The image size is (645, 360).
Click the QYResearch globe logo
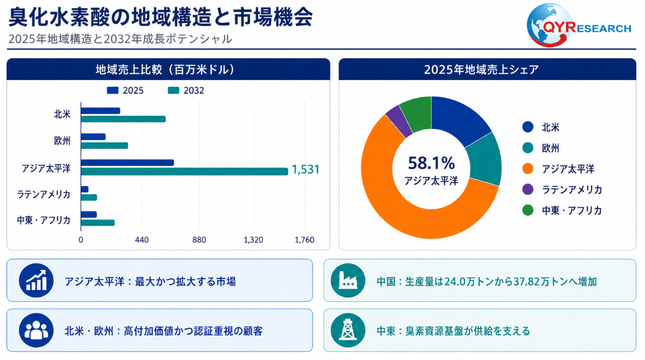[x=549, y=25]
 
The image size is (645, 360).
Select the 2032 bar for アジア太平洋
[x=184, y=172]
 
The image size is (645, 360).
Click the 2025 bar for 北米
[x=100, y=110]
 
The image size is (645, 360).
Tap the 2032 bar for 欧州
[x=104, y=146]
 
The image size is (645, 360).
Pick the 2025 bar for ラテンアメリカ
[x=85, y=189]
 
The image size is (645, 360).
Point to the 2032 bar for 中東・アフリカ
[x=98, y=223]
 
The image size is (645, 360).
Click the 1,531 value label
[x=305, y=170]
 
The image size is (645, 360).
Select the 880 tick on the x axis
[x=199, y=240]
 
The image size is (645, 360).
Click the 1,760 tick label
[x=304, y=240]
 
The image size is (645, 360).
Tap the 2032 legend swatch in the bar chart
[x=174, y=91]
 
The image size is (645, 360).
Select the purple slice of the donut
[x=399, y=121]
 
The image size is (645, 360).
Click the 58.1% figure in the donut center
[x=431, y=163]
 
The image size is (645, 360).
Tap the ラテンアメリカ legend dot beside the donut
[x=528, y=189]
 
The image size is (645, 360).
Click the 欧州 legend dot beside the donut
[x=528, y=148]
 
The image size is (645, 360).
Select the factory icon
[x=348, y=281]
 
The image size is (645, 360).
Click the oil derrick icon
[x=348, y=330]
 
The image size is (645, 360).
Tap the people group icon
[x=36, y=330]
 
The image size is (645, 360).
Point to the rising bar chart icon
[x=36, y=281]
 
